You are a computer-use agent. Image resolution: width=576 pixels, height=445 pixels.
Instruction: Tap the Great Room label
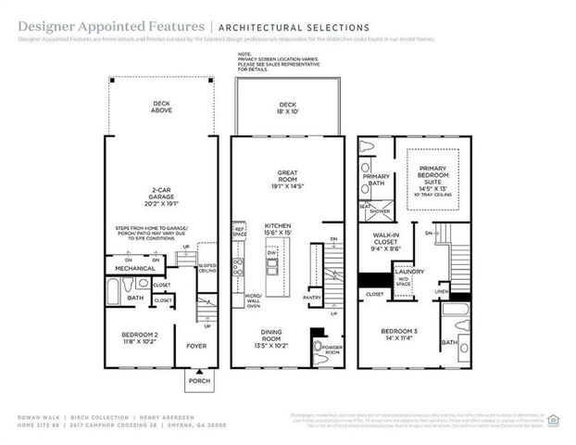(287, 176)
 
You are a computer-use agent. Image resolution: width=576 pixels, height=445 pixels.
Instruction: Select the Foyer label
(196, 346)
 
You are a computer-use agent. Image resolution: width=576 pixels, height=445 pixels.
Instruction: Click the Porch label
(199, 381)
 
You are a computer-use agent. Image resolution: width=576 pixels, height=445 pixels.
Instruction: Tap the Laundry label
(409, 271)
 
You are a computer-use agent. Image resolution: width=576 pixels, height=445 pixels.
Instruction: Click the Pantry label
(312, 298)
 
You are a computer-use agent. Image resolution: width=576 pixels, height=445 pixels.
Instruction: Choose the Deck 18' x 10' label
(287, 108)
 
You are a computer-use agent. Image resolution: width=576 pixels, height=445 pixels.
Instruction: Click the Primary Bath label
(376, 179)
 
